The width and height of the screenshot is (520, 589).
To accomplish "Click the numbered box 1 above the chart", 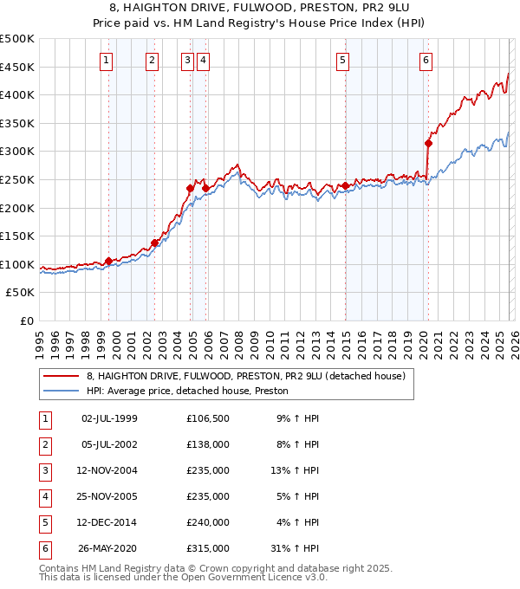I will [x=106, y=60].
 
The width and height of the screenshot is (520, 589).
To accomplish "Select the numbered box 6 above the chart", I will [x=426, y=60].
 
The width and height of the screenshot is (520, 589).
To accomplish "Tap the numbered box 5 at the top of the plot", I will [x=343, y=60].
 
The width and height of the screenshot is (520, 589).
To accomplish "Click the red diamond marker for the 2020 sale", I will [x=428, y=143].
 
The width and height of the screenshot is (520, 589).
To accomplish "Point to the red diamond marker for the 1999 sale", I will [x=108, y=261].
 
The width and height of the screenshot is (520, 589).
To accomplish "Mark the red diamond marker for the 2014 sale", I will [x=345, y=185].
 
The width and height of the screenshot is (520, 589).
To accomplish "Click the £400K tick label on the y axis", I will [x=17, y=94].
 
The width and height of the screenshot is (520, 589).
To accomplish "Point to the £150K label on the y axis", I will [x=17, y=236].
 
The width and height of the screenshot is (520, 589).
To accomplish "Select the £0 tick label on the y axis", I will [x=25, y=320].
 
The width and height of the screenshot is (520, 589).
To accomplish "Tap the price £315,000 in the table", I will [x=208, y=548].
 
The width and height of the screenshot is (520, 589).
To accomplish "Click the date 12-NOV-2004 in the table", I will [x=109, y=470].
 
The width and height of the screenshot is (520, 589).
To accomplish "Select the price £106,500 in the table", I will [x=208, y=418].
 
